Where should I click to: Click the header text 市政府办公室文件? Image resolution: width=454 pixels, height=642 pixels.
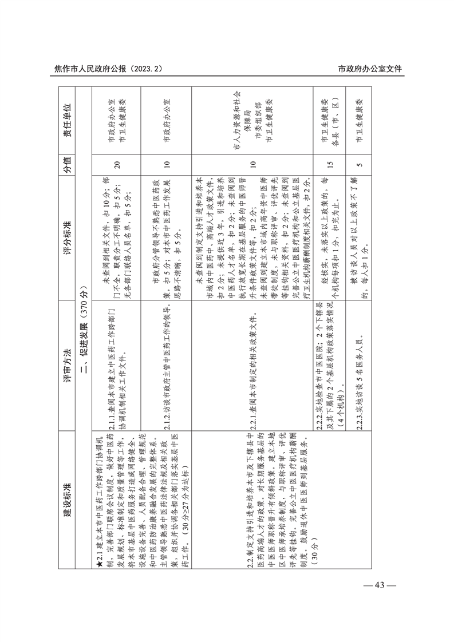tap(370, 69)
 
